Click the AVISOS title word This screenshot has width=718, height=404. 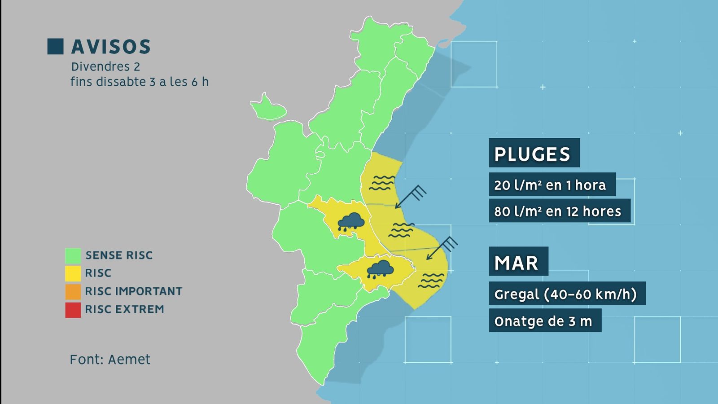coord(111,47)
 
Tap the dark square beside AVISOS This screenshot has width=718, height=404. coord(55,47)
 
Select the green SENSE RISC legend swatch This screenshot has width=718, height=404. coord(73,255)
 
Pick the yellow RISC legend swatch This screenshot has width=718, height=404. coord(73,273)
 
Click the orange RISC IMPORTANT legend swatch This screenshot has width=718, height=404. coord(73,291)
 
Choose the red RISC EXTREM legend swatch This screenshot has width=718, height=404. coord(73,310)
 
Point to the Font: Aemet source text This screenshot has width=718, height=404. coord(110,360)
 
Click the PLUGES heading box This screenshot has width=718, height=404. coord(534,154)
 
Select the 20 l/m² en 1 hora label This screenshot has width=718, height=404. coord(552,184)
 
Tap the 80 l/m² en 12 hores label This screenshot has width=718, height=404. coord(559,211)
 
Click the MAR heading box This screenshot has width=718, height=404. coord(518,262)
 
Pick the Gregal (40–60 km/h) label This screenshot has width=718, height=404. coord(567,294)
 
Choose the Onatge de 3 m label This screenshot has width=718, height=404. coord(544,321)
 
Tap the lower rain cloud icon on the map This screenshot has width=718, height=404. coord(380,269)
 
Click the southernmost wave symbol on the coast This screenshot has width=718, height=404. coord(431,280)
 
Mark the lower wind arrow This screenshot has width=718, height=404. coord(442,248)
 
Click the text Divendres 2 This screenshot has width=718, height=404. coord(105,67)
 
